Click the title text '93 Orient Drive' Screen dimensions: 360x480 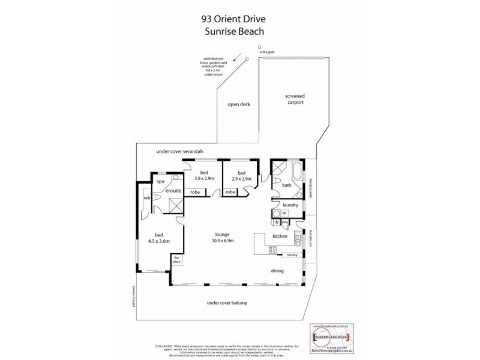click(x=238, y=19)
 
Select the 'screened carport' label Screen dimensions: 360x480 click(x=295, y=100)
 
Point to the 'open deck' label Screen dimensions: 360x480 click(x=238, y=104)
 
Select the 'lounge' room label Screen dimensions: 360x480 click(x=223, y=234)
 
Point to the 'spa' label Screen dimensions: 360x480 click(x=160, y=181)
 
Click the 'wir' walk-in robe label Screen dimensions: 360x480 click(x=146, y=197)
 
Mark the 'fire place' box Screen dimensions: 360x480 click(x=176, y=259)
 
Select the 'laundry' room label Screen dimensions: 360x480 click(x=290, y=205)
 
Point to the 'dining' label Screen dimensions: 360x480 click(x=277, y=270)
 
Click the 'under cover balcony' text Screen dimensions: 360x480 click(x=227, y=303)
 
